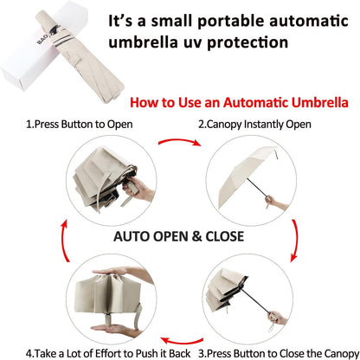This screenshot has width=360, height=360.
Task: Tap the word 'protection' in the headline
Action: [247, 43]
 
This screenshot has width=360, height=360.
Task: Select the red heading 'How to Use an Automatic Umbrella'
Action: [239, 103]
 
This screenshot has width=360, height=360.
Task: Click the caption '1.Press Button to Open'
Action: [80, 125]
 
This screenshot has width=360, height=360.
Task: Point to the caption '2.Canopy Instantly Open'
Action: [254, 125]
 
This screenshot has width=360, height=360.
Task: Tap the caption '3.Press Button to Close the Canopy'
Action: [279, 353]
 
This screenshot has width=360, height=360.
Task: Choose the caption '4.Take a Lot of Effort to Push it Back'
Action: [108, 353]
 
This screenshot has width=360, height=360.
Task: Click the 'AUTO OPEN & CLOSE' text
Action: [178, 236]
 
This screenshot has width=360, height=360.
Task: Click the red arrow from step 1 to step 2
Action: [179, 140]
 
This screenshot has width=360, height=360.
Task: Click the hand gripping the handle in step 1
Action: [138, 189]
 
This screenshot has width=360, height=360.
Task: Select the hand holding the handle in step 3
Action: [278, 318]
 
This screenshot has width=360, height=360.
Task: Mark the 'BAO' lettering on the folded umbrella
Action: [42, 38]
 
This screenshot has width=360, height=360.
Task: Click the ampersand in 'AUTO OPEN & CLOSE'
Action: [196, 236]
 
